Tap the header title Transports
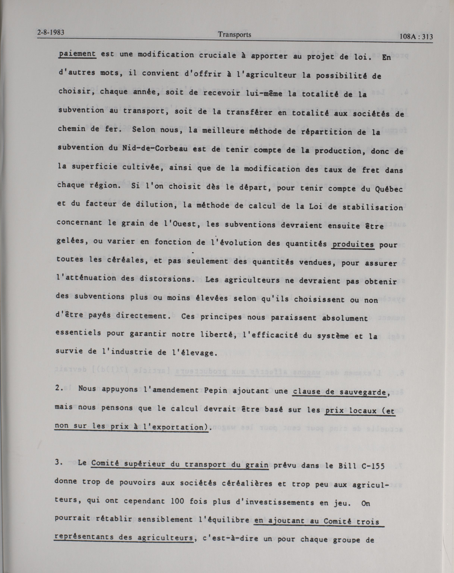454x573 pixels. (x=234, y=34)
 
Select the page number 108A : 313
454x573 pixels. (x=416, y=37)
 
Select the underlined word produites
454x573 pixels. (x=353, y=244)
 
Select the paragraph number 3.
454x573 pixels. (x=58, y=462)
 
